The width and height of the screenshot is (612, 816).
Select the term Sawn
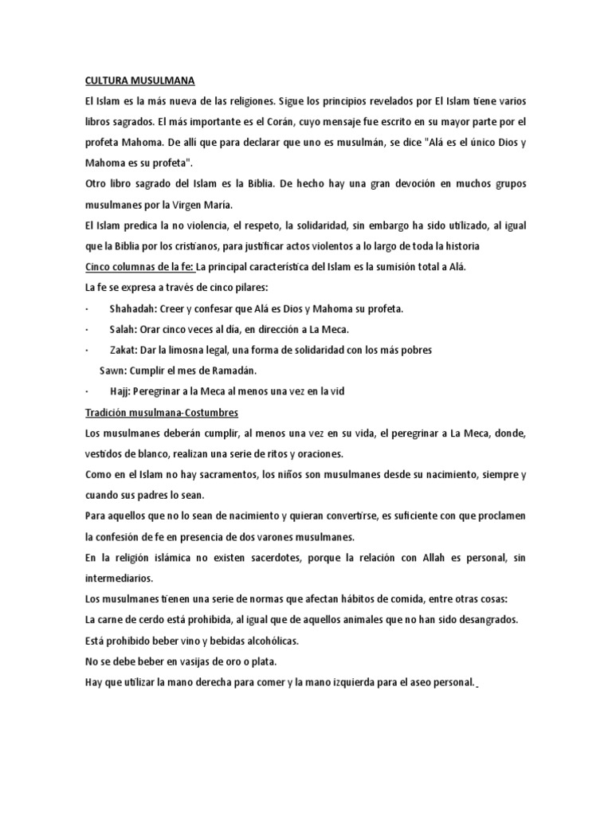pos(113,370)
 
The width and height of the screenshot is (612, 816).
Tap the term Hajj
pos(120,390)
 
